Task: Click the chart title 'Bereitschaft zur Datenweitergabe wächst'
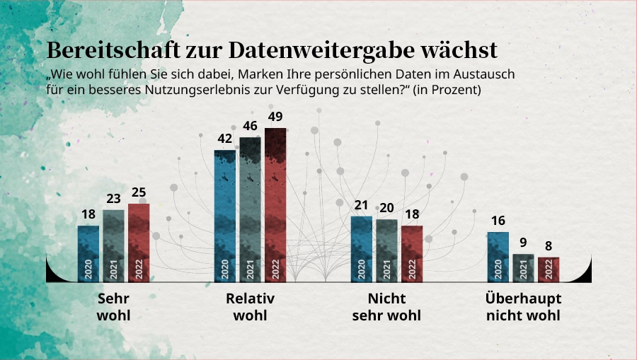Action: (272, 50)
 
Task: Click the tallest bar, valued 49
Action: (275, 205)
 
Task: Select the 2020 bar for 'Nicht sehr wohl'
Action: (362, 249)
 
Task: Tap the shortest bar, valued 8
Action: (549, 269)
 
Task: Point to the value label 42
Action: (225, 139)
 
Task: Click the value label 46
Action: (250, 126)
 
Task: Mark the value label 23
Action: (113, 199)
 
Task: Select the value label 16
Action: (498, 221)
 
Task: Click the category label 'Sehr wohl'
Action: (113, 307)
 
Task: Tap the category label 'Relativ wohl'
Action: (250, 307)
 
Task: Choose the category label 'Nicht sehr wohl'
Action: (386, 307)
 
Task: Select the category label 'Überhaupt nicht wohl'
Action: (523, 307)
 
